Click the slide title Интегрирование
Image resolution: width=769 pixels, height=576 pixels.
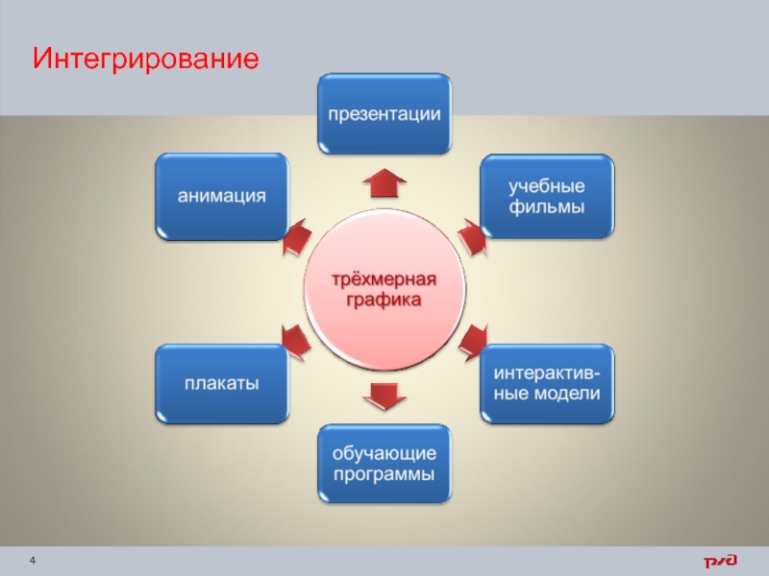click(x=145, y=60)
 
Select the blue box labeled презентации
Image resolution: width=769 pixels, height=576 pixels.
click(x=384, y=114)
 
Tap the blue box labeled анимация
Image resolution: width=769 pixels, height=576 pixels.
click(x=221, y=195)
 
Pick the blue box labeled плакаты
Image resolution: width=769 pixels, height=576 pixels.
click(x=221, y=384)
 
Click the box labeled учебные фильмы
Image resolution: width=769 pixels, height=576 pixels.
click(x=547, y=195)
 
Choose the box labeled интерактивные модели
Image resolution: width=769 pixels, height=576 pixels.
click(x=547, y=383)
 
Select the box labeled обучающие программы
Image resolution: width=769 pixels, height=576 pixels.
click(x=384, y=464)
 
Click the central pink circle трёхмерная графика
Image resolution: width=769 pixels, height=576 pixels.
click(x=384, y=289)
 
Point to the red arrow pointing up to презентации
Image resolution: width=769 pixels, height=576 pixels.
click(x=384, y=180)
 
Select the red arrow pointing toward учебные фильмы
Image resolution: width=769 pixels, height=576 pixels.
click(x=473, y=236)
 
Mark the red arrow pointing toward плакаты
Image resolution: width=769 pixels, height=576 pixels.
click(x=295, y=341)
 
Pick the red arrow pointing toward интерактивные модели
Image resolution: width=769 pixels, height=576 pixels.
click(x=474, y=341)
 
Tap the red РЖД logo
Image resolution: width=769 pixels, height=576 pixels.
click(x=719, y=561)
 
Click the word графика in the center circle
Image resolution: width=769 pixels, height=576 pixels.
click(x=384, y=300)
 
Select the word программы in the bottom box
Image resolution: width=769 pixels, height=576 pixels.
click(x=384, y=474)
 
